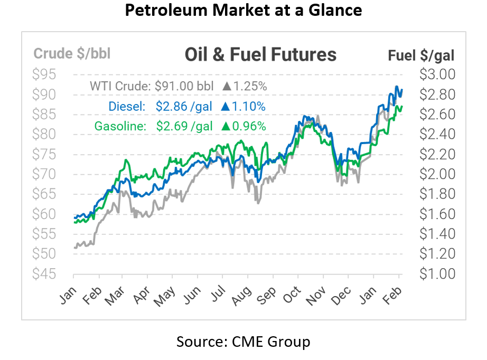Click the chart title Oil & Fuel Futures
tap(260, 54)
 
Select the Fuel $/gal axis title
tap(421, 55)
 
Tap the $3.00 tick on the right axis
tap(437, 74)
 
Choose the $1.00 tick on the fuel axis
tap(437, 274)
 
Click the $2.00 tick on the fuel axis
tap(437, 174)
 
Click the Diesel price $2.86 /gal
tap(184, 107)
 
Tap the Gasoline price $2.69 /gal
tap(184, 126)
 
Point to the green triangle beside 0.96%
tap(225, 126)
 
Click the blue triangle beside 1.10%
tap(225, 107)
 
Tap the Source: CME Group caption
tap(243, 342)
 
